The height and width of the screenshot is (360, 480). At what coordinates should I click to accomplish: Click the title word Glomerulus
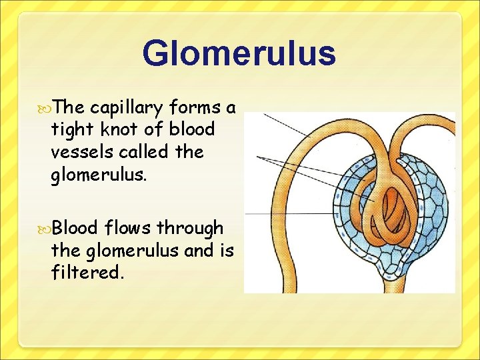239,53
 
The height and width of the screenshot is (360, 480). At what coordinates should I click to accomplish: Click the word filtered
87,272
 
